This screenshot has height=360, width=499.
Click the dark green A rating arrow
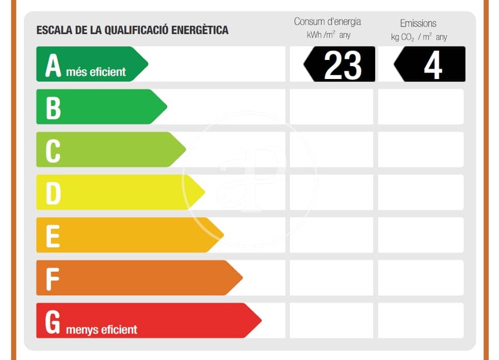click(88, 64)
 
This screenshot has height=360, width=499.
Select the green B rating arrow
click(98, 107)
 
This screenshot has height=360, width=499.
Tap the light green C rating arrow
click(108, 150)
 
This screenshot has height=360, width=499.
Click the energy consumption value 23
click(342, 65)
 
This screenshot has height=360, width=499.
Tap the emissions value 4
click(432, 65)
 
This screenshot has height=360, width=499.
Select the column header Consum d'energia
click(328, 22)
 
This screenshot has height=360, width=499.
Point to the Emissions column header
click(418, 23)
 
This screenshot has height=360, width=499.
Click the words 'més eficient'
click(96, 72)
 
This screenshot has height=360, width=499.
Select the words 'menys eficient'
click(102, 329)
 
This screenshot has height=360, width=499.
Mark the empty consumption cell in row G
click(331, 320)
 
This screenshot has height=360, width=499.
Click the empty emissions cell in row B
click(421, 107)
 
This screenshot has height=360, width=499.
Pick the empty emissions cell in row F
click(421, 278)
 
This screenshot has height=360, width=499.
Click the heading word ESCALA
click(51, 30)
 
